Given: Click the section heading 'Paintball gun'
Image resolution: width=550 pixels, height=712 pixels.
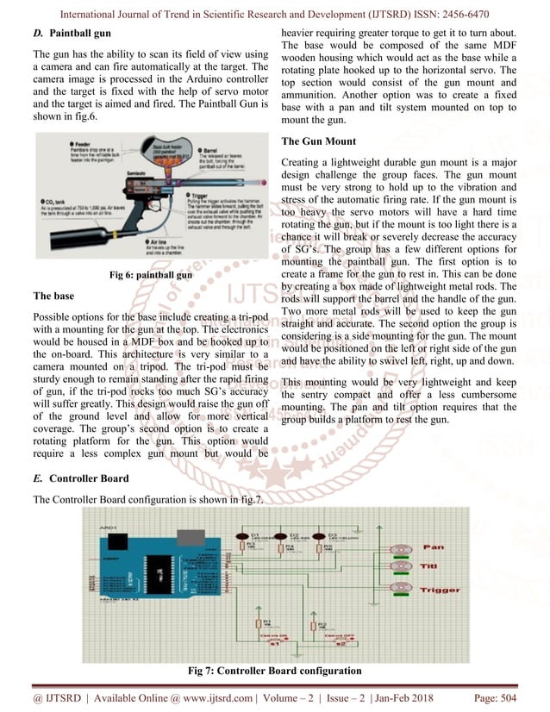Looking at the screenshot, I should [80, 34].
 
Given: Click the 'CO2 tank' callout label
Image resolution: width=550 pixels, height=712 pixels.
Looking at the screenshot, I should [53, 201].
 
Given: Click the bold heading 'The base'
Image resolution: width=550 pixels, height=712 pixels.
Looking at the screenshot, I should [53, 295].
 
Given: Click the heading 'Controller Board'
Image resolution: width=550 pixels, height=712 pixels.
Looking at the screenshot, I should [89, 478].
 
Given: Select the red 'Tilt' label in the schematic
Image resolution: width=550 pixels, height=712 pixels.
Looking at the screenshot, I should [429, 565].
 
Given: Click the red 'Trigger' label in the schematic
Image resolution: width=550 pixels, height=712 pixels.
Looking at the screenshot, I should [440, 590].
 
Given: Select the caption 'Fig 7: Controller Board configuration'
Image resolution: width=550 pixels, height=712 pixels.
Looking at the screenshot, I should [274, 670].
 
